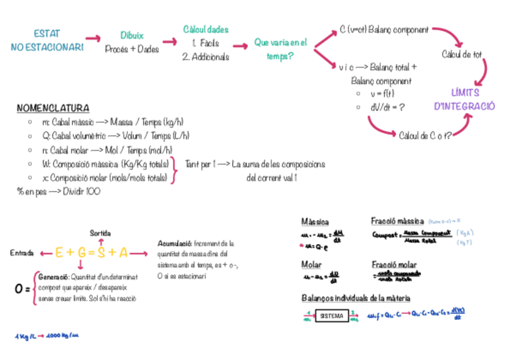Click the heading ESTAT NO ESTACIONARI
[x=46, y=40]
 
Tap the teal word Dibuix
[x=132, y=35]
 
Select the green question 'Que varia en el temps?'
[x=280, y=49]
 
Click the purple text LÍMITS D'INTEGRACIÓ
[x=464, y=99]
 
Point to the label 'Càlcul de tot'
[x=461, y=55]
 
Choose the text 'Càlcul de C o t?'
[x=425, y=135]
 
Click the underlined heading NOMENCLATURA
[x=53, y=108]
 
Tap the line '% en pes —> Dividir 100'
[x=58, y=191]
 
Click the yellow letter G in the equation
[x=81, y=253]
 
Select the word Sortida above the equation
[x=100, y=233]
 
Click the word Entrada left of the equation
[x=22, y=254]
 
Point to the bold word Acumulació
[x=174, y=244]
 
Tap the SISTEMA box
[x=332, y=316]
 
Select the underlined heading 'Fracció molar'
[x=394, y=264]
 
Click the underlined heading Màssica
[x=315, y=222]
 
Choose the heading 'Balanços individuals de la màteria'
[x=355, y=298]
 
